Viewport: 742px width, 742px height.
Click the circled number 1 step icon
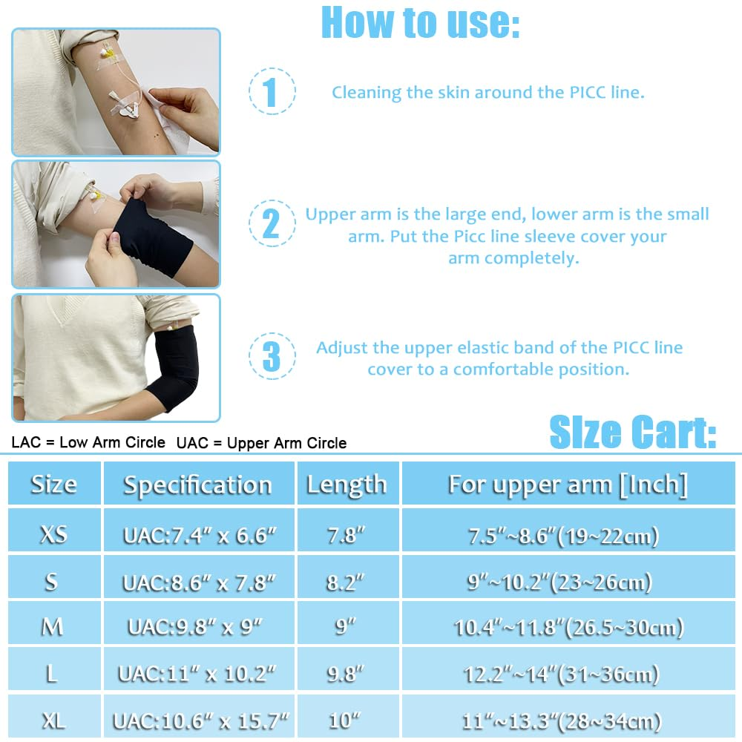[272, 92]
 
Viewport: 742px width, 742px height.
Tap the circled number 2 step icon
[272, 224]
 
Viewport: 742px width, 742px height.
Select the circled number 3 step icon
[272, 356]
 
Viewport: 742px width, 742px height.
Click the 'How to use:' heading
[420, 24]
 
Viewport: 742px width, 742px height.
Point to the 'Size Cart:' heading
[632, 433]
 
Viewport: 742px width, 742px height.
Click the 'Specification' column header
[198, 485]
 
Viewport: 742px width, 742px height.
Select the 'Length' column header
[347, 485]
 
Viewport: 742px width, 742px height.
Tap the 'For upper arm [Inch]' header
[568, 485]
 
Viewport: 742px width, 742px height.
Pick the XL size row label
[53, 719]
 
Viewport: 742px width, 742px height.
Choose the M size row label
[53, 626]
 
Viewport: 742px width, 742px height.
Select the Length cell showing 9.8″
[347, 673]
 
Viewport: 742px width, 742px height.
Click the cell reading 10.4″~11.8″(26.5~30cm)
[568, 627]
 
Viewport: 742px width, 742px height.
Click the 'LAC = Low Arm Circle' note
[88, 442]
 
